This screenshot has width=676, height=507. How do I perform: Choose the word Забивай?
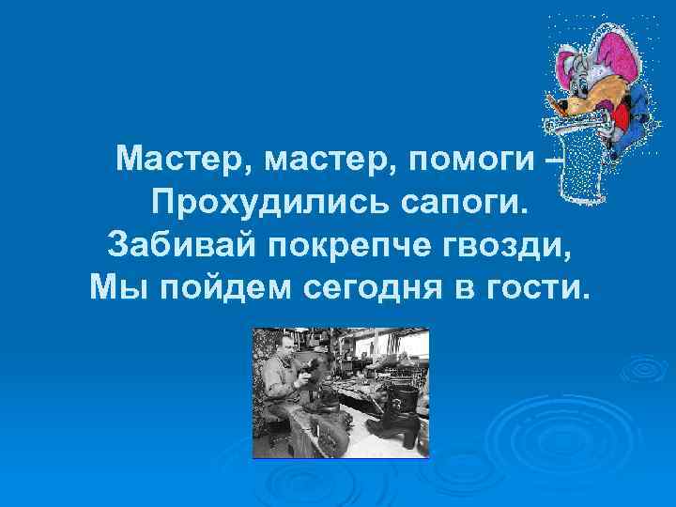click(180, 244)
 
